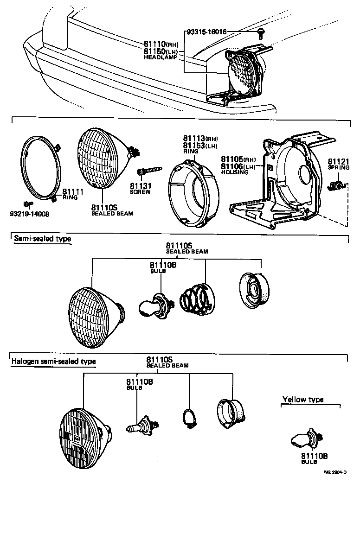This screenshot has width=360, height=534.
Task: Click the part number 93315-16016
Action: pos(206,32)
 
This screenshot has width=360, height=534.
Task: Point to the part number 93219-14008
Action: pos(29,215)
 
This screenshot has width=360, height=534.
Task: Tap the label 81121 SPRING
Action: pos(339,164)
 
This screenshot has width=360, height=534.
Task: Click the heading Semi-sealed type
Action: pos(42,239)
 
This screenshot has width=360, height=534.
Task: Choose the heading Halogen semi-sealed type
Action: pos(53,361)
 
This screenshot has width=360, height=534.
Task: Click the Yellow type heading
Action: pos(303,400)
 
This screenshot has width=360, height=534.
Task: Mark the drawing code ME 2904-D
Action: pos(335,472)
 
